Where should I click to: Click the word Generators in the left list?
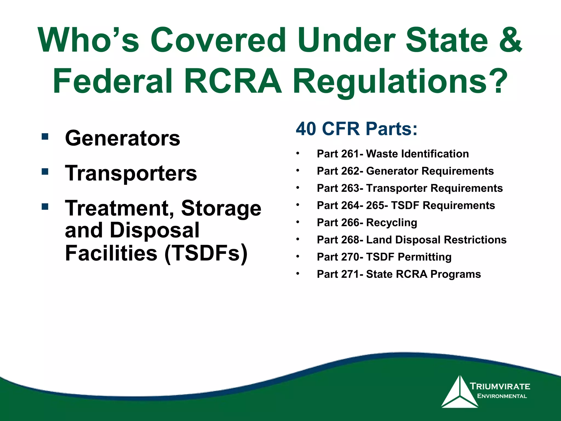[x=122, y=138]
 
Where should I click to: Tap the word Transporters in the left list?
[x=131, y=173]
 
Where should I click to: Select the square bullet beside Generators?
[x=45, y=136]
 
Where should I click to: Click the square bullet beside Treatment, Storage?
[x=45, y=206]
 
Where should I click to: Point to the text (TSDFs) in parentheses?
[x=206, y=253]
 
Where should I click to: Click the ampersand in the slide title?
[x=511, y=40]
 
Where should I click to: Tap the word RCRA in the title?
[x=233, y=81]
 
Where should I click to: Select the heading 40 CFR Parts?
[x=356, y=129]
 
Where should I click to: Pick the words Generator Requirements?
[x=430, y=171]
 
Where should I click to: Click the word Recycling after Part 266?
[x=391, y=223]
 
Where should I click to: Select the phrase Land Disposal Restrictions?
[x=436, y=240]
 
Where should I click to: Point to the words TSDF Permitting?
[x=409, y=257]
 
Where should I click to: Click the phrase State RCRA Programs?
[x=423, y=274]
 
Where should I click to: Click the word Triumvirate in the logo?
[x=500, y=386]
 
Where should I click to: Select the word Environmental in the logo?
[x=502, y=396]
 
